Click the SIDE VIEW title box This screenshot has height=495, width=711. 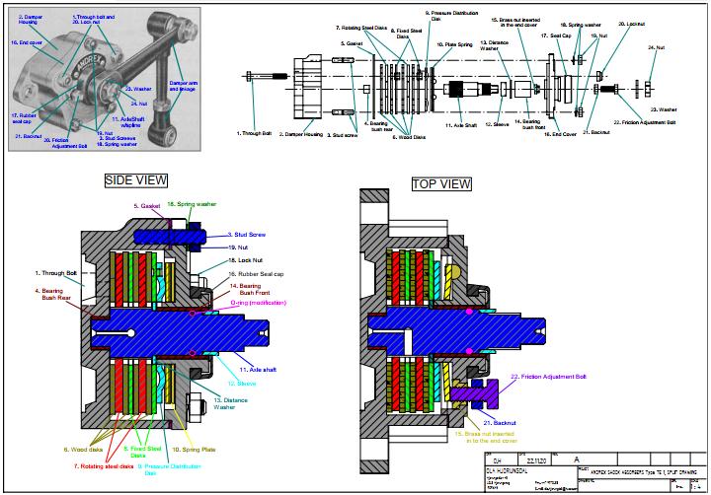135,179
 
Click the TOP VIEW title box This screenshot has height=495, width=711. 441,184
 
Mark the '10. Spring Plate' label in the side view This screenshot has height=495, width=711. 195,448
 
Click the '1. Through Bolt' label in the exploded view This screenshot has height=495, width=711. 253,132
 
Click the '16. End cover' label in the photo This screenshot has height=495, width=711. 29,43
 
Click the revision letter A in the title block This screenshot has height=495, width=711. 562,460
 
